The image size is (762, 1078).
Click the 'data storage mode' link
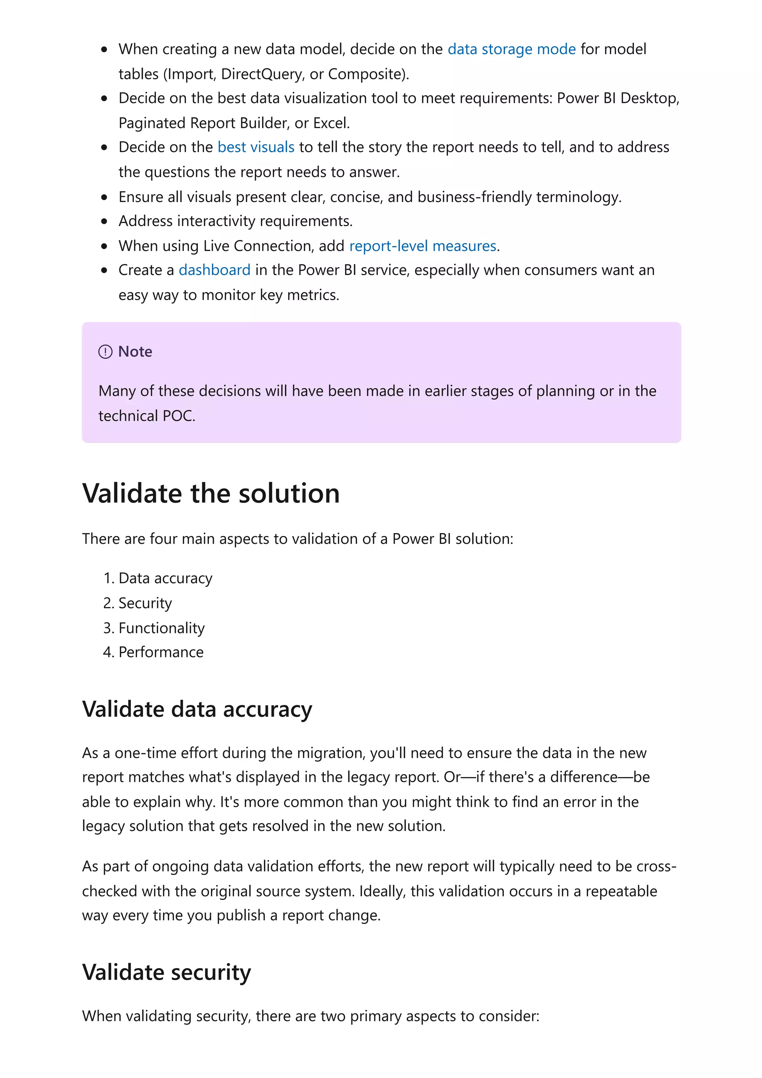coord(511,49)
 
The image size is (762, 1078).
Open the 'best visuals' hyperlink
coord(256,147)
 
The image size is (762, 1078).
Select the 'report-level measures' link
coord(423,246)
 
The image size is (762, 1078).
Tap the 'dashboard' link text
coord(215,270)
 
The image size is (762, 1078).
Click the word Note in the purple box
coord(135,352)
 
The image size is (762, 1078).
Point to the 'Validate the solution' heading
coord(211,494)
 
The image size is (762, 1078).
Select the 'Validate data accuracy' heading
coord(197,709)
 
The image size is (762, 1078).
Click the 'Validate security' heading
coord(166,972)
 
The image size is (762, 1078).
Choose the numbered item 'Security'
coord(145,603)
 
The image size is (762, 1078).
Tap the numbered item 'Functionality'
coord(161,628)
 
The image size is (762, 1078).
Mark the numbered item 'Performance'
coord(161,652)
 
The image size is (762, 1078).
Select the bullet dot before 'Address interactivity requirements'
coord(104,222)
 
